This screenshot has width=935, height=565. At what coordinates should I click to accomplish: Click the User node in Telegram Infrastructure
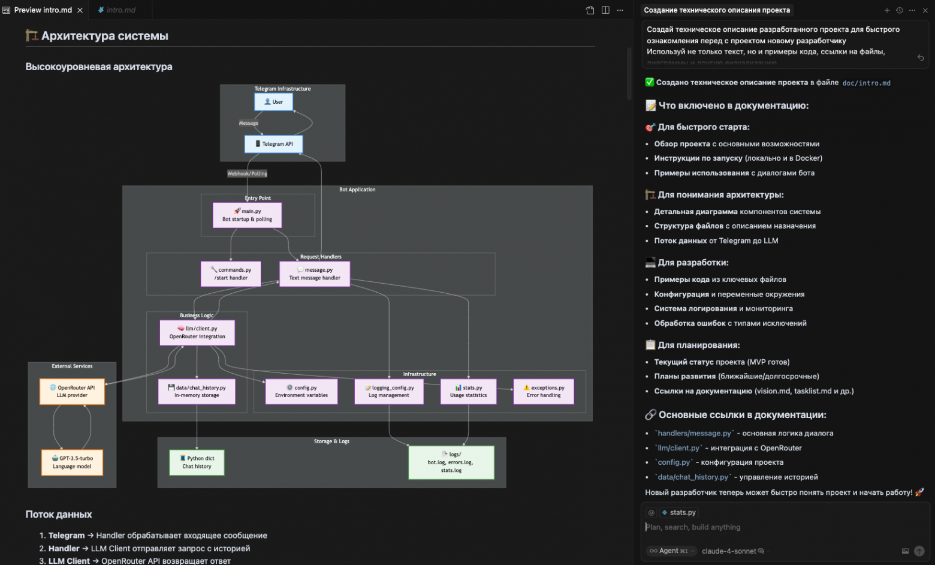point(273,102)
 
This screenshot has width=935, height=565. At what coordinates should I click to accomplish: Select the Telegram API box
point(273,144)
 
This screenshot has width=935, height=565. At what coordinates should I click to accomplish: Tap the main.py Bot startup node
point(247,215)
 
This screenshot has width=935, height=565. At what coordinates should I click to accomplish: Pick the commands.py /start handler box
point(231,274)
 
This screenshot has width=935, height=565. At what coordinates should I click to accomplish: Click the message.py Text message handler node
point(315,274)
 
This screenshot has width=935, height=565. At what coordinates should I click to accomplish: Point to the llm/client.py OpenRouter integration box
point(197,333)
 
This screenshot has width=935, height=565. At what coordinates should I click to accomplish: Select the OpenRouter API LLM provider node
point(72,392)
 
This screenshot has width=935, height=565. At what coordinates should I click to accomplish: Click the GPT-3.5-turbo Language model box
point(72,462)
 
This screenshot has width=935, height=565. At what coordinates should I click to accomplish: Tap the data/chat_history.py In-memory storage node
point(197,392)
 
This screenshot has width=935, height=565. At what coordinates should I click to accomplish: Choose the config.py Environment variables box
point(301,392)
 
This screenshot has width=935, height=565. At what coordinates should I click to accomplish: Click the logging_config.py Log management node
point(389,392)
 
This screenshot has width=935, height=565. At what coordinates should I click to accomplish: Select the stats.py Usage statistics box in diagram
point(469,392)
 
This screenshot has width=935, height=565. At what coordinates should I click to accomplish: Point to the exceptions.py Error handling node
point(544,392)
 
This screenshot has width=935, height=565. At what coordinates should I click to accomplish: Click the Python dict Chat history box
point(197,462)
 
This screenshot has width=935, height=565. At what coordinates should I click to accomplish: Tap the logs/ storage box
point(451,462)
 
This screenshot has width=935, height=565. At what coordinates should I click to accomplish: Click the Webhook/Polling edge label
point(247,174)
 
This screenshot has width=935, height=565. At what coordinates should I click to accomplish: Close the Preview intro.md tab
point(80,10)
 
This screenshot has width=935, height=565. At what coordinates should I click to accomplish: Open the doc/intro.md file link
point(866,83)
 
